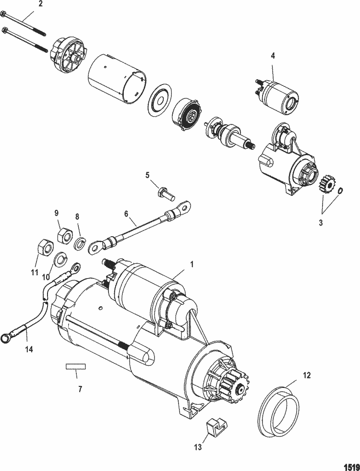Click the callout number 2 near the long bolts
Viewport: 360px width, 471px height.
(40, 4)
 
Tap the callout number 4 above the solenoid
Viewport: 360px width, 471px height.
(273, 56)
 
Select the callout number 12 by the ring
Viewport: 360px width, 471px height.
(307, 375)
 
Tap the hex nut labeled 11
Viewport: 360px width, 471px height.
(44, 249)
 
